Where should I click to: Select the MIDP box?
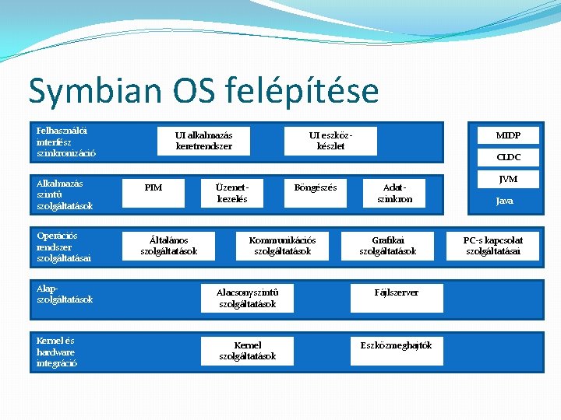pos(507,135)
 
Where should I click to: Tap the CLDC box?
pos(507,157)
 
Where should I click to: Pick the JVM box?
pos(507,179)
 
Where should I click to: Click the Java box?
pos(505,201)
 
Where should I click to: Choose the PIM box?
pos(153,187)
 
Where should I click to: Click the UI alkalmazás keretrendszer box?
pos(203,140)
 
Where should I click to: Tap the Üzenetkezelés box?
pos(231,193)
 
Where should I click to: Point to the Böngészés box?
pos(316,187)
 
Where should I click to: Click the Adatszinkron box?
pos(394,193)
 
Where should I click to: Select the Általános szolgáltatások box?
pos(168,246)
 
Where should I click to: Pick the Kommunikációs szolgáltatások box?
pos(282,246)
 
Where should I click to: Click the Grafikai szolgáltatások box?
pos(387,246)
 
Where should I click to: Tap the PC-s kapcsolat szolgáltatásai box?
pos(492,246)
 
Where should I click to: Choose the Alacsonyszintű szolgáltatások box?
pos(247,298)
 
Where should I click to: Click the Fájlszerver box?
pos(396,292)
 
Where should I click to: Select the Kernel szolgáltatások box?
pos(247,351)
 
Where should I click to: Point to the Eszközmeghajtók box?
pos(396,345)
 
